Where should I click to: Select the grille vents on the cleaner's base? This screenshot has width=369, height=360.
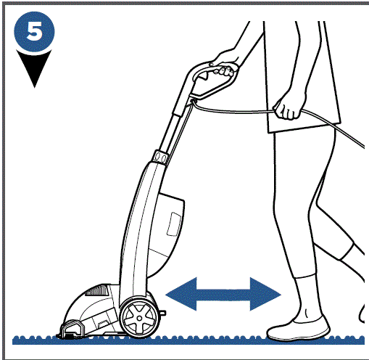click(x=96, y=297)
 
